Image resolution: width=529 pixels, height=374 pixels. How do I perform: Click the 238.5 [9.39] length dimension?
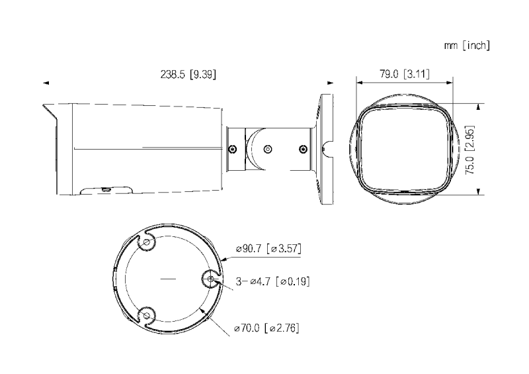188,74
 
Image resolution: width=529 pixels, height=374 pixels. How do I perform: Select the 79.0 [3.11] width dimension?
405,73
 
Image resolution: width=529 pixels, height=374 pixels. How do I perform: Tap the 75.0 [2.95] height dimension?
470,150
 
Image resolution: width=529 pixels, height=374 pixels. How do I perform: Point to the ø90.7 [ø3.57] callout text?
268,248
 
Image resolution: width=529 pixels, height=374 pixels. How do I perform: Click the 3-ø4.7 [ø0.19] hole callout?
272,281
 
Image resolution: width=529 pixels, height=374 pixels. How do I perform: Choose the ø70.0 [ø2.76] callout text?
266,328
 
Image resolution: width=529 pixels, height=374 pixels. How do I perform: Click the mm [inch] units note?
467,45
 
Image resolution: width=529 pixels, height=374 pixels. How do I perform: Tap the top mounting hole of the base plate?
146,242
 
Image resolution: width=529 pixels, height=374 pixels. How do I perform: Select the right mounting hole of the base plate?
210,279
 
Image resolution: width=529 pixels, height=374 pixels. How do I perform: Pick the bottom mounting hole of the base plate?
146,316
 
